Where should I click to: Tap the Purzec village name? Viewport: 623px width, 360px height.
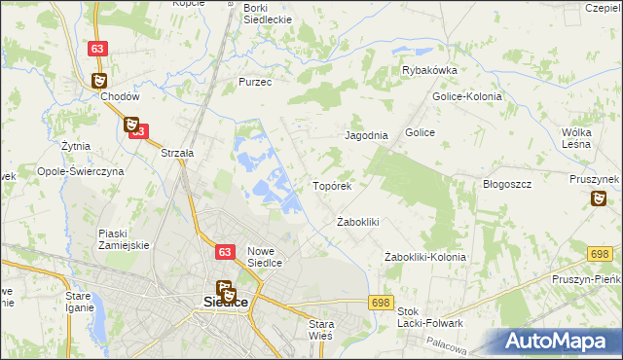[x=255, y=83]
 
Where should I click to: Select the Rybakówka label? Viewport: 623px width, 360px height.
[x=430, y=70]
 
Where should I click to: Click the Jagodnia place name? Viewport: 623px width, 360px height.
[x=367, y=136]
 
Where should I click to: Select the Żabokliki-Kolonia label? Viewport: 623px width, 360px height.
[x=425, y=257]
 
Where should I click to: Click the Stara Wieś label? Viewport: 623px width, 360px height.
[x=320, y=328]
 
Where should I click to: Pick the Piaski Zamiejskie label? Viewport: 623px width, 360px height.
[x=123, y=238]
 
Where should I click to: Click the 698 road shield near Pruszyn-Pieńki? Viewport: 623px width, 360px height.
[x=601, y=254]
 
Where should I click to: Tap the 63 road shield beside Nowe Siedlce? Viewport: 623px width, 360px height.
[x=225, y=252]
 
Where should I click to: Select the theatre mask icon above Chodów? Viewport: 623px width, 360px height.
[x=101, y=81]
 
